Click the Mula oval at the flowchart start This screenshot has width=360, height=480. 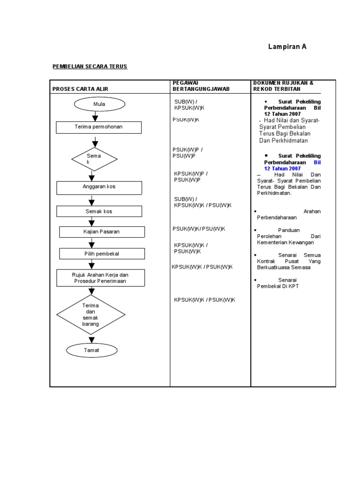[x=99, y=104]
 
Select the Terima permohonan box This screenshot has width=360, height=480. [x=98, y=127]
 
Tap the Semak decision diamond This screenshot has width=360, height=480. [x=94, y=159]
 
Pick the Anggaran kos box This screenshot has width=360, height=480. [x=99, y=187]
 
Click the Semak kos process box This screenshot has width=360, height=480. [x=99, y=211]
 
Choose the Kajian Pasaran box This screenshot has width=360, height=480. [x=102, y=232]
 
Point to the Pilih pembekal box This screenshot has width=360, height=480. [x=102, y=254]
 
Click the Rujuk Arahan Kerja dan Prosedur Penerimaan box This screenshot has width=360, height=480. [x=99, y=277]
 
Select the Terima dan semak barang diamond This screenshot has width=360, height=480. [x=91, y=314]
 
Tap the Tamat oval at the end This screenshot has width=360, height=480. [x=92, y=350]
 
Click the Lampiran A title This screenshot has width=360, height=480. [x=287, y=47]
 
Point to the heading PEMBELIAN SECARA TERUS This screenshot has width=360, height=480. [x=90, y=67]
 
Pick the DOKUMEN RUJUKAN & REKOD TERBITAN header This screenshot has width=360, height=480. [x=284, y=86]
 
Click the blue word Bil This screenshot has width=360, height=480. [x=317, y=162]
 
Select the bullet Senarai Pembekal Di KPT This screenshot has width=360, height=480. [x=278, y=283]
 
